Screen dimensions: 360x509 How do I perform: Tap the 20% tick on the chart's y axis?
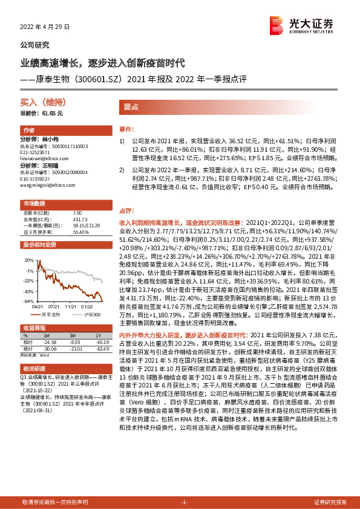28,259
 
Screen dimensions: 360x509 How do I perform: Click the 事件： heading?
125,129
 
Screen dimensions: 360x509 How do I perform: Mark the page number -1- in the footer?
185,502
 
